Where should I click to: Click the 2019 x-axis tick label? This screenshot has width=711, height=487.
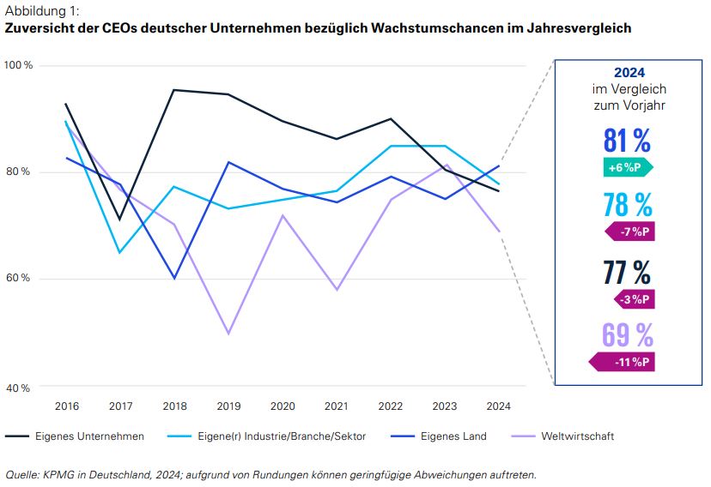tap(228, 406)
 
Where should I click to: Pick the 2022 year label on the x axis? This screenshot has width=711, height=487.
tap(392, 406)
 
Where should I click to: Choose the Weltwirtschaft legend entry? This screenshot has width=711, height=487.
tap(577, 436)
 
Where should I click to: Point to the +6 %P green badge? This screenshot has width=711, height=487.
tap(629, 167)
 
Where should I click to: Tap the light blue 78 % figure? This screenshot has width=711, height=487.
tap(627, 205)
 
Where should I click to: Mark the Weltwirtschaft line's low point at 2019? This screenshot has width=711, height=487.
tap(228, 334)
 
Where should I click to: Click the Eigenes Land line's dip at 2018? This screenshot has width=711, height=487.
tap(174, 278)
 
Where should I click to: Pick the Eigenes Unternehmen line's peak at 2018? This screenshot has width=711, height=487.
tap(174, 90)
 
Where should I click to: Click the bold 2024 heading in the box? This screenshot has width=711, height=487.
tap(629, 73)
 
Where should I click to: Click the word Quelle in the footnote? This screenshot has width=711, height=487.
tap(22, 474)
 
